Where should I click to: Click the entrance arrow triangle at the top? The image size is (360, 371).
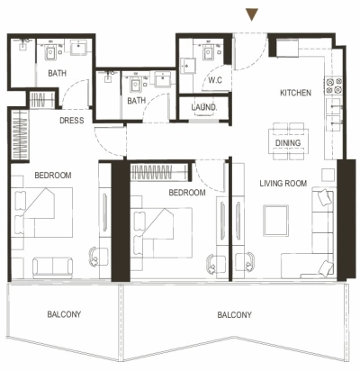pos(253,14)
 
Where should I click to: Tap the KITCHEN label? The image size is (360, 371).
pos(295,94)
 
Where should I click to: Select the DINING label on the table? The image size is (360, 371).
pos(288,142)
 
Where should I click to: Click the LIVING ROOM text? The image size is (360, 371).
pos(283,184)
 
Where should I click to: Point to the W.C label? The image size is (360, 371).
pos(215,80)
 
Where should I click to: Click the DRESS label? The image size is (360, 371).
pos(72,120)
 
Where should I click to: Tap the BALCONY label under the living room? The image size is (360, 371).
pos(233,314)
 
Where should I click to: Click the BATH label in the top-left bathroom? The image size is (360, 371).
pos(56,73)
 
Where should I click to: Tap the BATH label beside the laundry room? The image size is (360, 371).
pos(136,101)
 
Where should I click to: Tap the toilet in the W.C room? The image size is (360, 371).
pos(208,55)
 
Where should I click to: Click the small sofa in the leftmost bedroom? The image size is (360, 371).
pos(53,267)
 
